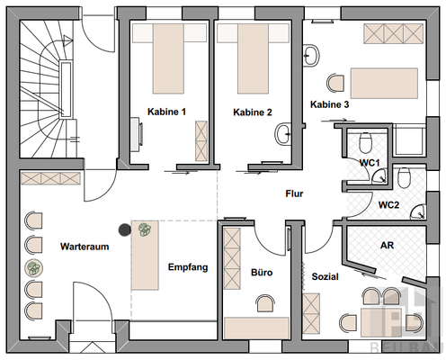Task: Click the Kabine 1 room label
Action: pyautogui.click(x=166, y=112)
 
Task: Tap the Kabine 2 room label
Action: pyautogui.click(x=253, y=112)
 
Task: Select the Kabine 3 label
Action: pyautogui.click(x=329, y=104)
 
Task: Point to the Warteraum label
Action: pyautogui.click(x=85, y=247)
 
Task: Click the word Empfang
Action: pyautogui.click(x=188, y=267)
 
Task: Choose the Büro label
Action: pyautogui.click(x=262, y=273)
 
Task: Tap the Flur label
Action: pyautogui.click(x=294, y=193)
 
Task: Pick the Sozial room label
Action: pyautogui.click(x=326, y=276)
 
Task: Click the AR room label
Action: pyautogui.click(x=387, y=246)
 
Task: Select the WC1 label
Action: pyautogui.click(x=370, y=163)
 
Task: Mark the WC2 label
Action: pyautogui.click(x=388, y=205)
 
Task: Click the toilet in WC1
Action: pyautogui.click(x=365, y=142)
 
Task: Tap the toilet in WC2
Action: pyautogui.click(x=404, y=177)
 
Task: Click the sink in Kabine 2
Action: pyautogui.click(x=283, y=134)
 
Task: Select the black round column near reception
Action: pyautogui.click(x=125, y=230)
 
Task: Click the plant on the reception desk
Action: pyautogui.click(x=145, y=229)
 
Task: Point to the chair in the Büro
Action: pyautogui.click(x=265, y=303)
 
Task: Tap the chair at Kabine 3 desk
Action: pyautogui.click(x=335, y=83)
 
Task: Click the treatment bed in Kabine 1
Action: pyautogui.click(x=168, y=58)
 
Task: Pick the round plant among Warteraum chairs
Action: pyautogui.click(x=33, y=268)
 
